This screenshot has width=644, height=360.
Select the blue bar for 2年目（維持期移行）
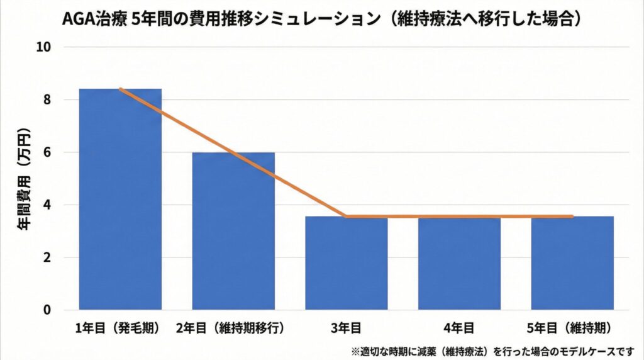pyautogui.click(x=233, y=231)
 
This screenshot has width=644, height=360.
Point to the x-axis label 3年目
pyautogui.click(x=346, y=328)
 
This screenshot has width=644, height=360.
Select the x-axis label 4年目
pyautogui.click(x=459, y=328)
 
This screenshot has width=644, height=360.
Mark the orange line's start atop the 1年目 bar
pyautogui.click(x=120, y=89)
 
